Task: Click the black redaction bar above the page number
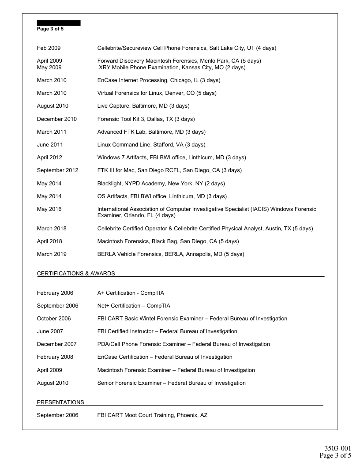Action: [x=58, y=23]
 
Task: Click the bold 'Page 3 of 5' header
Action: [x=50, y=29]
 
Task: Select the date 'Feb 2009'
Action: [x=49, y=48]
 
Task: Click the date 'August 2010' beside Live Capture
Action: [x=52, y=106]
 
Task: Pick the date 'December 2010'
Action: [x=56, y=119]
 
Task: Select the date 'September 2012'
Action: [x=57, y=170]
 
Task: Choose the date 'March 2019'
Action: [x=51, y=254]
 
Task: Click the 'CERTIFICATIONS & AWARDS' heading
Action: [x=76, y=274]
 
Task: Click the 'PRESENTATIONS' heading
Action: [x=60, y=402]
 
